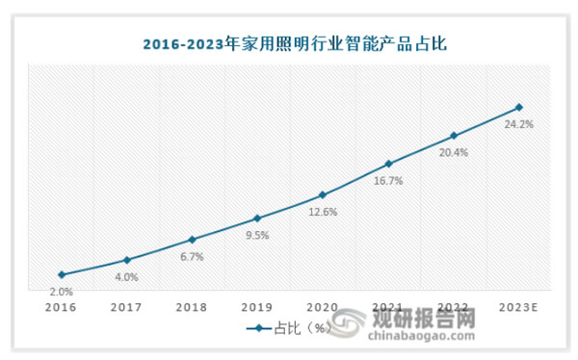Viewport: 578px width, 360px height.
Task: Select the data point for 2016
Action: click(62, 274)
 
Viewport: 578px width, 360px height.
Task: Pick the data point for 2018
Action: click(192, 240)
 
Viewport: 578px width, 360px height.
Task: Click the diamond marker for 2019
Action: click(256, 219)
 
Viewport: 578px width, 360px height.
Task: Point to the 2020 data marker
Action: click(322, 195)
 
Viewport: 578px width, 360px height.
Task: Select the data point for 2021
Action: click(387, 164)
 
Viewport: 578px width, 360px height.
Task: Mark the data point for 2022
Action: click(453, 136)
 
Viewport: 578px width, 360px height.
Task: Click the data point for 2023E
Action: click(518, 107)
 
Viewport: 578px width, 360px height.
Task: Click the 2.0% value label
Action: click(62, 292)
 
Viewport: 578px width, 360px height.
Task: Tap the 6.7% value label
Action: click(192, 257)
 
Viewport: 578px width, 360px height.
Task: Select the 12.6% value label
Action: click(322, 213)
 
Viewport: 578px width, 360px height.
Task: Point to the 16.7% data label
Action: click(387, 181)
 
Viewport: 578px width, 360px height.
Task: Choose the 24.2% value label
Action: click(518, 124)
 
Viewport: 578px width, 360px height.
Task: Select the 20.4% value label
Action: click(453, 153)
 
